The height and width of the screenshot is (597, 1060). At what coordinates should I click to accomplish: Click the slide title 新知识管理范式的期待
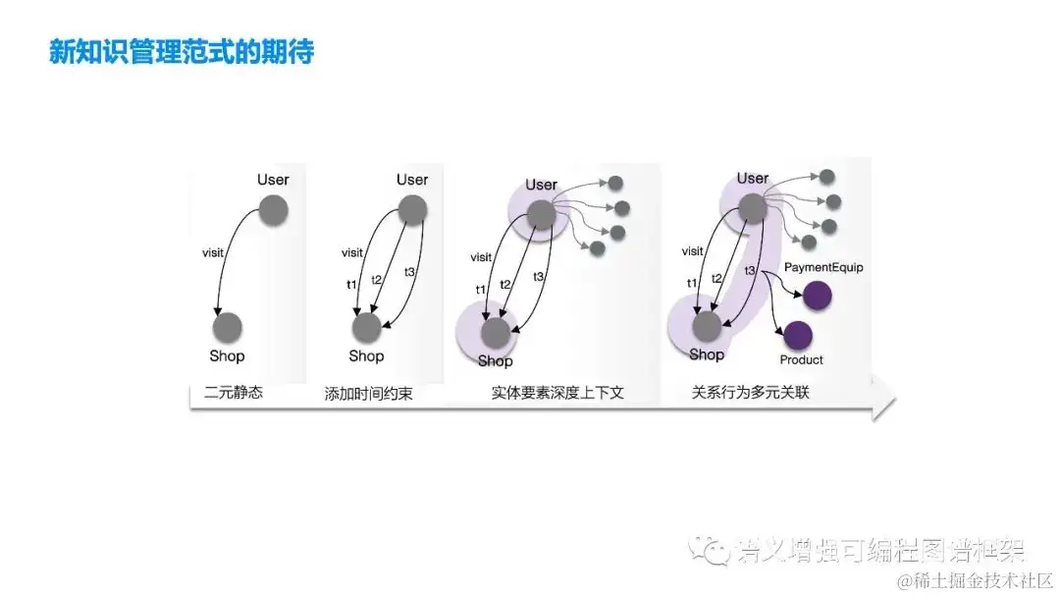point(182,51)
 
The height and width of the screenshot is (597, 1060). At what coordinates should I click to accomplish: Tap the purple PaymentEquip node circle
point(817,294)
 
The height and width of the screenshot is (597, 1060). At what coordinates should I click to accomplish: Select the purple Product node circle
point(796,336)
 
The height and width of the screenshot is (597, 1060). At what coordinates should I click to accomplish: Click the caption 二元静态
point(234,394)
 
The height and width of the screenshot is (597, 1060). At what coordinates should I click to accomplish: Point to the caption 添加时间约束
point(368,394)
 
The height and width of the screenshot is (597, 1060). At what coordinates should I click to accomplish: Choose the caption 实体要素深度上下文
point(557,394)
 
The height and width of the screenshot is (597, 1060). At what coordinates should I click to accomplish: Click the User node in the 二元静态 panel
point(273,210)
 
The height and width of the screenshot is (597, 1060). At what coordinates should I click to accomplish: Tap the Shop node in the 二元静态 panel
point(227,327)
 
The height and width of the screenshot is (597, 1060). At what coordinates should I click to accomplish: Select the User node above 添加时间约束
point(412,209)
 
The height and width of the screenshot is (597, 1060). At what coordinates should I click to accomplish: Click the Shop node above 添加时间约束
point(366,327)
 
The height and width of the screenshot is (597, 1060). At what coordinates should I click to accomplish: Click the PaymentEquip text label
point(823,267)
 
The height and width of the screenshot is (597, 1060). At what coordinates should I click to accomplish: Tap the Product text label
point(801,360)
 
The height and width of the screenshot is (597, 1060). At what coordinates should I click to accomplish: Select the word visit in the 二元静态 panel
point(213,253)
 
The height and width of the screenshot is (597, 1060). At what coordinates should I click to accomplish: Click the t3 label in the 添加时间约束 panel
point(411,272)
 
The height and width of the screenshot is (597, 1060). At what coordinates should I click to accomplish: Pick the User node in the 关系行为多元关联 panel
point(753,207)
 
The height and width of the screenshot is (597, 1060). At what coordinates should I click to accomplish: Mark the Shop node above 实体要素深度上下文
point(496,333)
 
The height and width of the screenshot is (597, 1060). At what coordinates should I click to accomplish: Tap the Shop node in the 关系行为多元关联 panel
point(707,325)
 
